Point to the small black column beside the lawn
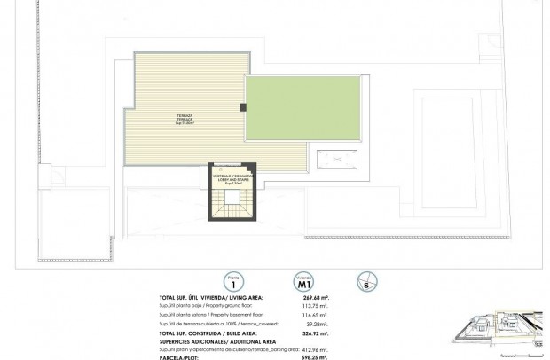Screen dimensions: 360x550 coord(243,107)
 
